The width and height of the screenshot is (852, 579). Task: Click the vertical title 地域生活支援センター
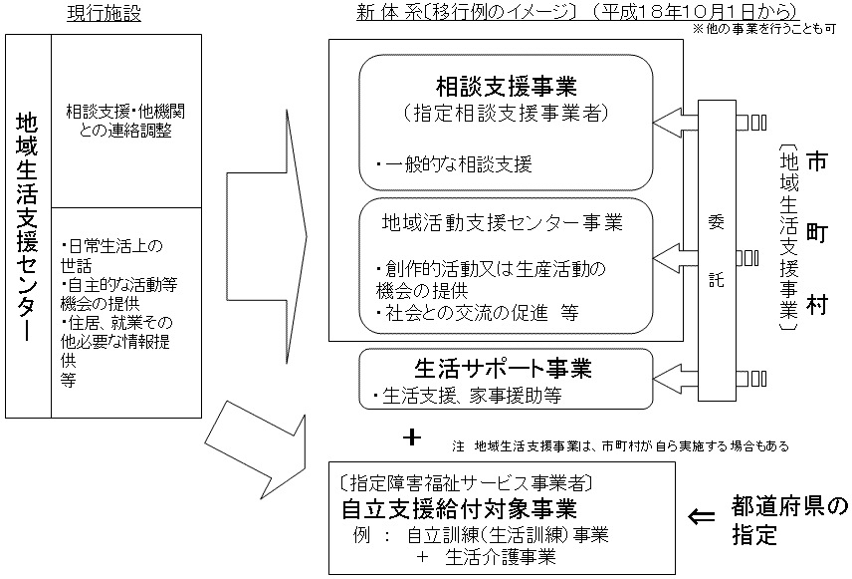[28, 224]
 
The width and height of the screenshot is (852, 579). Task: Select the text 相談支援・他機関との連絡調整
[125, 121]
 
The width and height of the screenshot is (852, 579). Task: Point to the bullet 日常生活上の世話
[110, 253]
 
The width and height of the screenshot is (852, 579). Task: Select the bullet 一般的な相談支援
[455, 163]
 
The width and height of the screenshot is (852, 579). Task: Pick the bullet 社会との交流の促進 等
[477, 311]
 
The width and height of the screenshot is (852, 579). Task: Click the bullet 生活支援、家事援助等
[467, 396]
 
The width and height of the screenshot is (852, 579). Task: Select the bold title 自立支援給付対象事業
[459, 508]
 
